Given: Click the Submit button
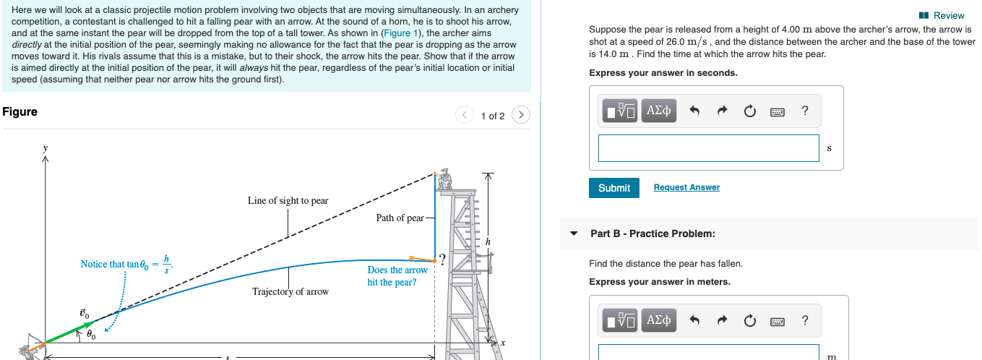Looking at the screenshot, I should (x=613, y=188).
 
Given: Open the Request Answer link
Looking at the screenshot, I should (x=686, y=188).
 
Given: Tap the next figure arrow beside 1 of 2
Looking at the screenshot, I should (x=521, y=115).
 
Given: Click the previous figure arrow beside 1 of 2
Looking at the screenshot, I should (x=465, y=115).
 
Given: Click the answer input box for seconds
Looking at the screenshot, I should (x=708, y=148).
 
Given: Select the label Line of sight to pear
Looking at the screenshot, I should (x=288, y=200).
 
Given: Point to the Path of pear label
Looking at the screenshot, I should (x=400, y=218).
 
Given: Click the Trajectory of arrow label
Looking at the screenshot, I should (x=290, y=292).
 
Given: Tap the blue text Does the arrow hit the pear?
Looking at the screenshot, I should (x=397, y=276).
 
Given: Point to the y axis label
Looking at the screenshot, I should (x=45, y=147).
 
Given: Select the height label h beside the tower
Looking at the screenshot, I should (x=488, y=241).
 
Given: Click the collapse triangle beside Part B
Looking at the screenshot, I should (x=574, y=234).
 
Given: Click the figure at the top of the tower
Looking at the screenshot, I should (x=444, y=178).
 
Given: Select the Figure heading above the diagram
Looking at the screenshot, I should (x=20, y=111).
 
